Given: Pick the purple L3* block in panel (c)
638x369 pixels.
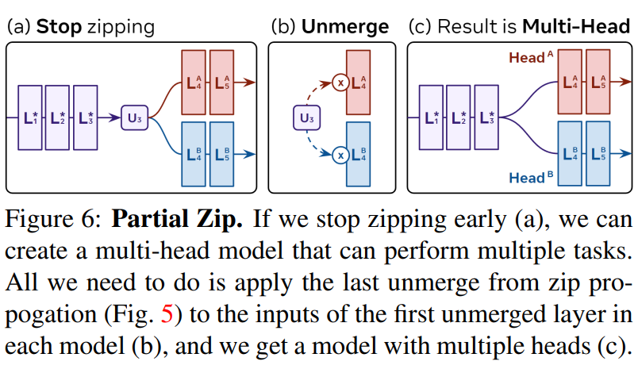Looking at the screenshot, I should [x=489, y=117].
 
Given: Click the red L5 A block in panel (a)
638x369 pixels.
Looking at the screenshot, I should [x=223, y=82].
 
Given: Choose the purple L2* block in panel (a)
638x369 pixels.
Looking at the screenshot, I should [x=58, y=117].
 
